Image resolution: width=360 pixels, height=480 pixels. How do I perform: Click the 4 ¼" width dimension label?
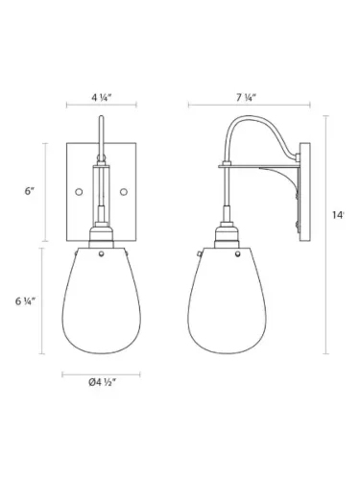tap(101, 97)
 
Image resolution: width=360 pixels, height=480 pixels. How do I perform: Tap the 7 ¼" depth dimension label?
tap(248, 97)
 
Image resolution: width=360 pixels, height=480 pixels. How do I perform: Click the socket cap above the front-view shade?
tap(102, 235)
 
